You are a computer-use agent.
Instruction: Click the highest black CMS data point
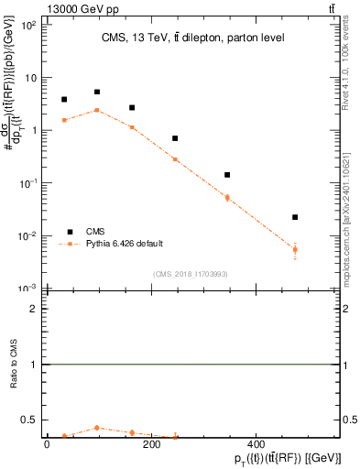(x=97, y=92)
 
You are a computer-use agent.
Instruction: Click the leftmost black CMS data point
(x=64, y=99)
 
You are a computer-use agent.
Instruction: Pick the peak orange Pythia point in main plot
(x=97, y=110)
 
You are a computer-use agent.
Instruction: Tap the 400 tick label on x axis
(x=256, y=446)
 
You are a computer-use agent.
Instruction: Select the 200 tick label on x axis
(x=151, y=446)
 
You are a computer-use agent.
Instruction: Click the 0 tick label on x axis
(x=47, y=446)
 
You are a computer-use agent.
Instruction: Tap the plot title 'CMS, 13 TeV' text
(x=192, y=38)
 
